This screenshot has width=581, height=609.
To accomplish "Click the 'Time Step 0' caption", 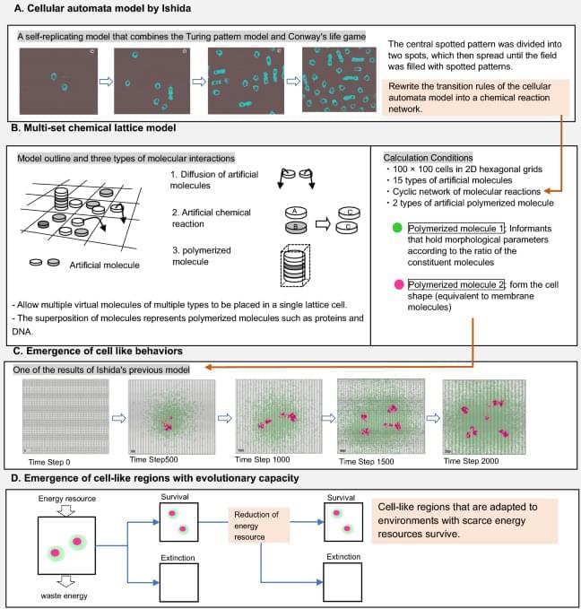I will pyautogui.click(x=49, y=459).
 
